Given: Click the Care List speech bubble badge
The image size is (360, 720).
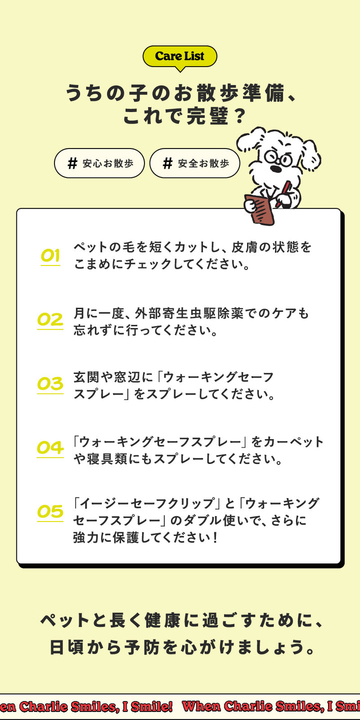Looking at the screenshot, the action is pyautogui.click(x=179, y=57).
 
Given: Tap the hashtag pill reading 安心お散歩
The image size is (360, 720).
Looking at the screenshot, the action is pyautogui.click(x=99, y=163).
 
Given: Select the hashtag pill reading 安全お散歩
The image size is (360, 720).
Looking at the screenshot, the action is pyautogui.click(x=195, y=163).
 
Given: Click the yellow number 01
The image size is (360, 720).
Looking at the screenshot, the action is pyautogui.click(x=50, y=256).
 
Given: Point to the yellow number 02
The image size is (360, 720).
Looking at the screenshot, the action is pyautogui.click(x=50, y=320).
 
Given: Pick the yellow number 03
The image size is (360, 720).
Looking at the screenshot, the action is pyautogui.click(x=50, y=384).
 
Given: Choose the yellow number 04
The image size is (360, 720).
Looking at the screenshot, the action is pyautogui.click(x=50, y=448).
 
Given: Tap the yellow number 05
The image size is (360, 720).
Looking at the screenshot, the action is pyautogui.click(x=50, y=512).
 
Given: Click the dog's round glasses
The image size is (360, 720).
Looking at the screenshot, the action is pyautogui.click(x=278, y=158).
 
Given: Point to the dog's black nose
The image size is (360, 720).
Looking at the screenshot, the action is pyautogui.click(x=275, y=169).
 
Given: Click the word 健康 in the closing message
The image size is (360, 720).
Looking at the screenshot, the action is pyautogui.click(x=162, y=620).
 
